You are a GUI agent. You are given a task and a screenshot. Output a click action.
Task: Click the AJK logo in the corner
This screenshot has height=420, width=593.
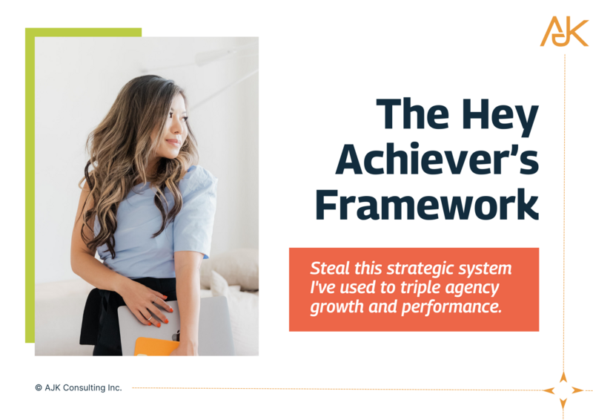tap(564, 31)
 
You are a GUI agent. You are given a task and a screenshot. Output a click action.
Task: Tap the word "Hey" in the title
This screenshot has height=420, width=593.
tap(500, 115)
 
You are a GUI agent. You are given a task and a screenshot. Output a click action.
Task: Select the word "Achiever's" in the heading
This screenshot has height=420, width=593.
tap(437, 158)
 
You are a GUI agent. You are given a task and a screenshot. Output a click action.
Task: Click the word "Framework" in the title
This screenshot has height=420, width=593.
tap(427, 204)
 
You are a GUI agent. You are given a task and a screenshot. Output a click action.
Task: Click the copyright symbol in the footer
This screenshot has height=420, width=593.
tap(39, 387)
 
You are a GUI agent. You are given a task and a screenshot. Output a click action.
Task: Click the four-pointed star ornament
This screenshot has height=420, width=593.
tap(563, 390)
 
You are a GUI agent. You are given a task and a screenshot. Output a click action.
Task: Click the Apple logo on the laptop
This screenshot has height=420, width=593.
tap(176, 335)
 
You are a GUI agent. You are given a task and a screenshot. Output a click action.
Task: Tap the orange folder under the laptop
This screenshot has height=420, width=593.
tap(156, 347)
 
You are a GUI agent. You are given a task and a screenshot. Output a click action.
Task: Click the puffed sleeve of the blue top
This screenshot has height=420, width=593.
tap(196, 210)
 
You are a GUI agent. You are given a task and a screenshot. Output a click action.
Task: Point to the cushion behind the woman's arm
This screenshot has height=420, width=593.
tap(231, 269)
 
